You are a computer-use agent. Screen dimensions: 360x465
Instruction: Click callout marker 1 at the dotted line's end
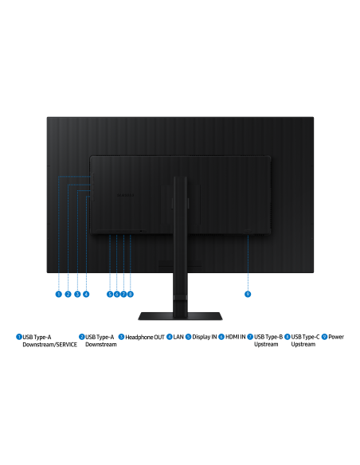point(59,294)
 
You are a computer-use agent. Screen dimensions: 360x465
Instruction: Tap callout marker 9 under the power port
point(248,294)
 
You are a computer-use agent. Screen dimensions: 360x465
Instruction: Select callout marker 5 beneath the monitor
point(110,294)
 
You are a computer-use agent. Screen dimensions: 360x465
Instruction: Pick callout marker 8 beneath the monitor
point(130,294)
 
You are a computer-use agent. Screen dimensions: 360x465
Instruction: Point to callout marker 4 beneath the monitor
point(86,294)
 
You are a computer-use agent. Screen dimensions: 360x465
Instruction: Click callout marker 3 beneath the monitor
point(77,294)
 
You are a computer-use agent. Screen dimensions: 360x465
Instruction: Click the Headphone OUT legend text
point(145,337)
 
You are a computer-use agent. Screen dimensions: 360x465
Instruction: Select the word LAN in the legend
point(178,337)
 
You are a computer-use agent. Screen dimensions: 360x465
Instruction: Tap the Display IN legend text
point(205,337)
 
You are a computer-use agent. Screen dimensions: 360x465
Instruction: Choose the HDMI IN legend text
point(236,337)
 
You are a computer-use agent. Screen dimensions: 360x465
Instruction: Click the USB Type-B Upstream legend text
point(268,341)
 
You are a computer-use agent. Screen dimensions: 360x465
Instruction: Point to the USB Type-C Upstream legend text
point(305,341)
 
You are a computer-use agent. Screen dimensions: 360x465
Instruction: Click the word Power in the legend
point(336,337)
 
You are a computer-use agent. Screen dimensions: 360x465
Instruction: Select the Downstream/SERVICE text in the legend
point(50,345)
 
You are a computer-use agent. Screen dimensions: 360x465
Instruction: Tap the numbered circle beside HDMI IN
point(221,337)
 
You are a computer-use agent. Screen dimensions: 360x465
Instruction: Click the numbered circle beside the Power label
point(324,337)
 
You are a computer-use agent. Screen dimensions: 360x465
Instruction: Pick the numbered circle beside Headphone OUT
point(121,337)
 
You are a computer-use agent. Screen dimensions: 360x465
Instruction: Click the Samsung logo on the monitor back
point(125,195)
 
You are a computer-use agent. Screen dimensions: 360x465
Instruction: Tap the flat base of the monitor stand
point(180,316)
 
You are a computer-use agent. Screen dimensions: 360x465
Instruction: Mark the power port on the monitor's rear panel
point(248,232)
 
